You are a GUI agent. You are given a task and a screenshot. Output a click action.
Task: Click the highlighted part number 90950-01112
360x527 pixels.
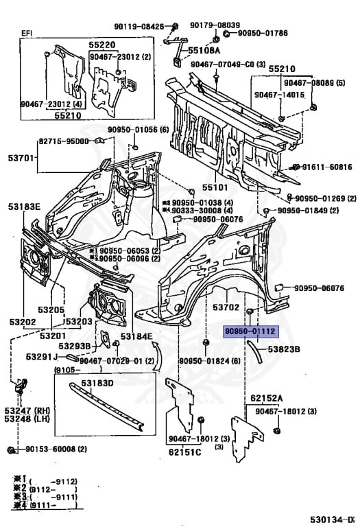(250, 331)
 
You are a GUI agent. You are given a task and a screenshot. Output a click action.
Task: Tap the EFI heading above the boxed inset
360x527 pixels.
(27, 33)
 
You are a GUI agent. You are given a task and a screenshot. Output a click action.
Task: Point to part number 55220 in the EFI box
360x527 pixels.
(101, 43)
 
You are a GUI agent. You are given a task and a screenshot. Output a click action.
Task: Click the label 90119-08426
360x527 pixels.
(139, 26)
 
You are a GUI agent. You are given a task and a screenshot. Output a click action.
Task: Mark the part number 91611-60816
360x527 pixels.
(326, 167)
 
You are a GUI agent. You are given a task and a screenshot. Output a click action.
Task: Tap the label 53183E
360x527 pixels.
(25, 207)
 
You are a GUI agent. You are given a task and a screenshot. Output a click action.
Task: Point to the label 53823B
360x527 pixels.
(284, 349)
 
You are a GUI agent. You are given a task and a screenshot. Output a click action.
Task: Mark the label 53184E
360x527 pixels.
(138, 336)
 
